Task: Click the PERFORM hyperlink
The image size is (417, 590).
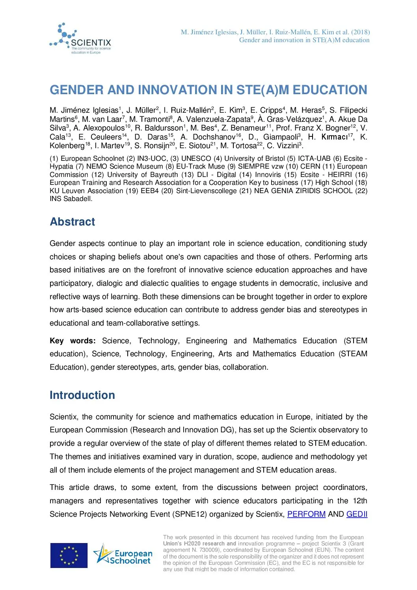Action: pos(306,514)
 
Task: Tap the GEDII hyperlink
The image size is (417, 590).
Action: pos(357,514)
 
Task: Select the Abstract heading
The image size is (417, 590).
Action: pos(72,222)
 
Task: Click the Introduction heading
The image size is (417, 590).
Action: pos(82,395)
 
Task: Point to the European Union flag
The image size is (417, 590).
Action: pos(69,555)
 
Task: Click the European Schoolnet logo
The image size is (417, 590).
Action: pos(123,555)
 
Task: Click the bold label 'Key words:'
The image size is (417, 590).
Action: pos(73,341)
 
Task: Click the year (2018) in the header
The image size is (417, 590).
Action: pos(360,32)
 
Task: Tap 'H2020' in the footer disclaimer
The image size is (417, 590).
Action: pos(192,544)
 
